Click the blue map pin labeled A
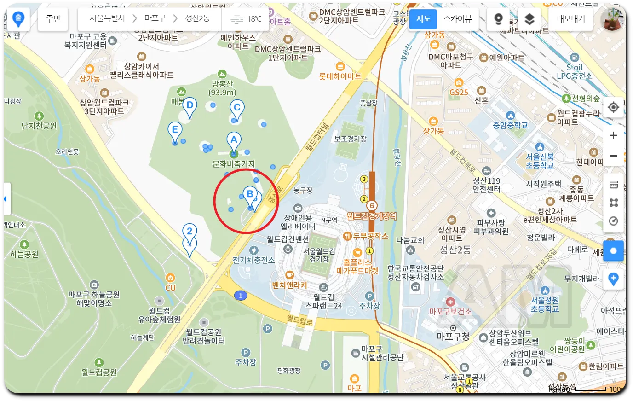click(234, 141)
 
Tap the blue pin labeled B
click(250, 195)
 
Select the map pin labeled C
click(237, 109)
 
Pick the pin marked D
click(190, 106)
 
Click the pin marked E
click(174, 130)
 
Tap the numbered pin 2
click(190, 232)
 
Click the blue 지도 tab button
click(423, 19)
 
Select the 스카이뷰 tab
click(457, 19)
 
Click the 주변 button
click(53, 19)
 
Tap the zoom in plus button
click(613, 135)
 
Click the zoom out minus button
click(613, 156)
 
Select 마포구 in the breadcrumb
click(155, 18)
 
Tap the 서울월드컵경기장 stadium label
click(319, 255)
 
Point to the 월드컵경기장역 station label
click(371, 216)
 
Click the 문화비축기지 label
click(234, 164)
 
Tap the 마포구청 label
click(453, 337)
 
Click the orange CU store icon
click(170, 278)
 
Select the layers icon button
click(529, 19)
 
